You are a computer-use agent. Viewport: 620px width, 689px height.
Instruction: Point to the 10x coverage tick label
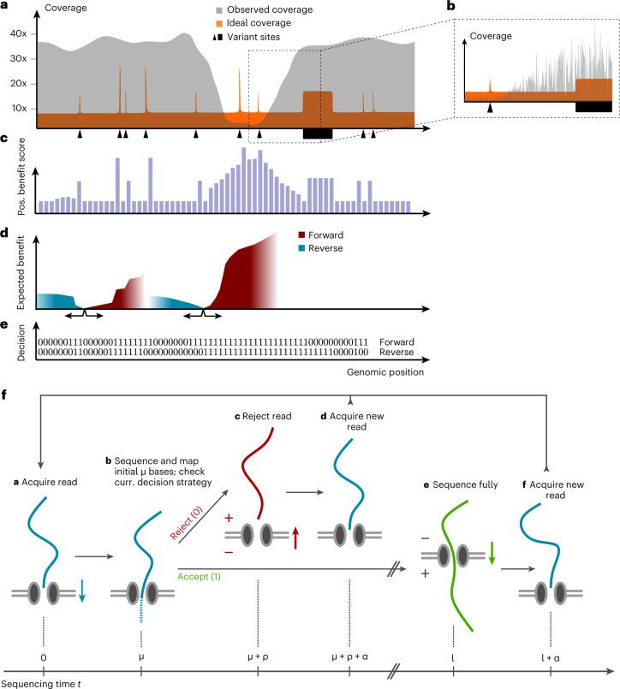21,110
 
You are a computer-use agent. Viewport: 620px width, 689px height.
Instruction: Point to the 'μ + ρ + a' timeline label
349,660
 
